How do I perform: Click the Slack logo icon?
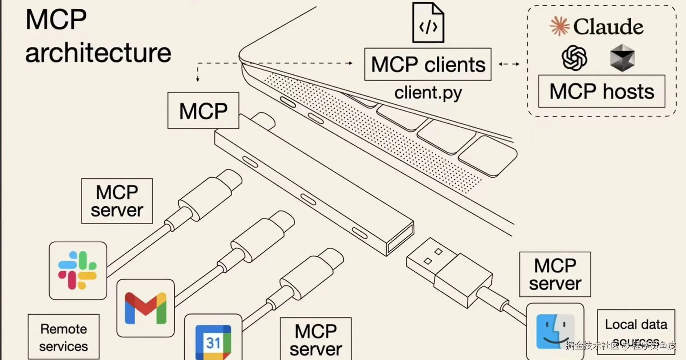[78, 270]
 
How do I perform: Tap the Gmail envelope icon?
[145, 308]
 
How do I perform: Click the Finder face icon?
[555, 331]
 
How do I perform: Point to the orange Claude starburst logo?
[560, 26]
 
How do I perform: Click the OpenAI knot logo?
[574, 58]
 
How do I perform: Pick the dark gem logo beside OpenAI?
[622, 58]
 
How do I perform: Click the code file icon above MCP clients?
[428, 23]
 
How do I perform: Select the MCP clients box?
[428, 64]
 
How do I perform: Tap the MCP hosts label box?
[602, 91]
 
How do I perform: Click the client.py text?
[428, 93]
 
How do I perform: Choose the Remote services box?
[64, 337]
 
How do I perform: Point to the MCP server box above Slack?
[117, 201]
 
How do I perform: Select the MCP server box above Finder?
[555, 274]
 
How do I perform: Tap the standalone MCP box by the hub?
[203, 110]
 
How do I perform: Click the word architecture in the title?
[98, 53]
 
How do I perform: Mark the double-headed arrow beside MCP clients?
[509, 64]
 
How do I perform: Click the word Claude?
[608, 27]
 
